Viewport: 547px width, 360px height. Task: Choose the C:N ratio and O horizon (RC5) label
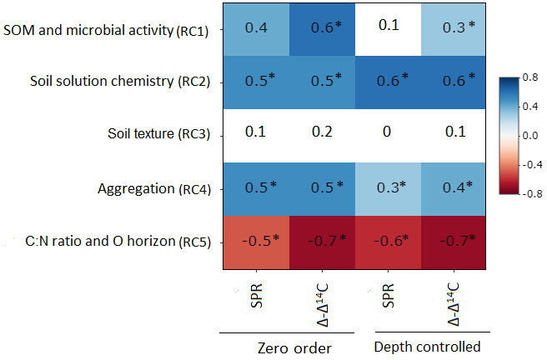pyautogui.click(x=117, y=242)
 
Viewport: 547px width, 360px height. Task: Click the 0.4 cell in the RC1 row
pyautogui.click(x=255, y=28)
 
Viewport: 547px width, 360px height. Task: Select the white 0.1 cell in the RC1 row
pyautogui.click(x=387, y=27)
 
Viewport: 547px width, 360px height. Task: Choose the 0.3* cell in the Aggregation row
pyautogui.click(x=387, y=187)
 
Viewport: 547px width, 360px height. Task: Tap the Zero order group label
pyautogui.click(x=288, y=345)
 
